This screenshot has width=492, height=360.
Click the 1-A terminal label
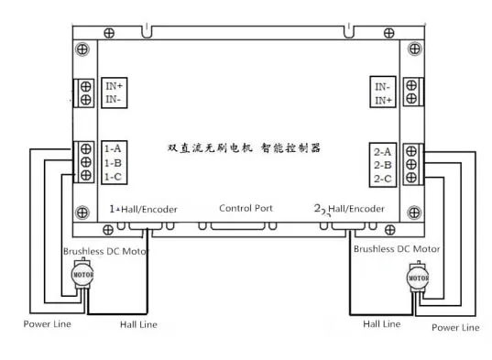pyautogui.click(x=113, y=148)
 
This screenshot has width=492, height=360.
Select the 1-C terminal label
pyautogui.click(x=113, y=177)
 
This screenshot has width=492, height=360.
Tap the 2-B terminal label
pyautogui.click(x=382, y=165)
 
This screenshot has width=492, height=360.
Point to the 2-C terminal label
pyautogui.click(x=382, y=179)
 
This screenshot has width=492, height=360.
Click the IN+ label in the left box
pyautogui.click(x=114, y=85)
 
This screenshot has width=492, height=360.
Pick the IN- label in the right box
pyautogui.click(x=382, y=86)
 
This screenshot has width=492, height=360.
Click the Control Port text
pyautogui.click(x=246, y=208)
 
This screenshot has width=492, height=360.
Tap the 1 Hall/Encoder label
pyautogui.click(x=143, y=209)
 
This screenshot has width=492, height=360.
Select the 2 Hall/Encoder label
pyautogui.click(x=349, y=209)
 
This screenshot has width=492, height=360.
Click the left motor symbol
pyautogui.click(x=82, y=274)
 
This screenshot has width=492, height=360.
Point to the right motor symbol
pyautogui.click(x=418, y=278)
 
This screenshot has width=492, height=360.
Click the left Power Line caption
pyautogui.click(x=48, y=324)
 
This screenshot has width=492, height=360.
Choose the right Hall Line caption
pyautogui.click(x=381, y=324)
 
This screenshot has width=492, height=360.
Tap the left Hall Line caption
pyautogui.click(x=138, y=324)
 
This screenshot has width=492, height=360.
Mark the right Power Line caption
pyautogui.click(x=455, y=328)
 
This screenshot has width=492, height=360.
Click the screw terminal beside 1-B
pyautogui.click(x=85, y=162)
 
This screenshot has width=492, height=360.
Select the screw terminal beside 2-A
pyautogui.click(x=411, y=151)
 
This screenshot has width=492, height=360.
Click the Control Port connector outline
pyautogui.click(x=238, y=226)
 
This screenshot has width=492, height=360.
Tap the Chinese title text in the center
pyautogui.click(x=244, y=148)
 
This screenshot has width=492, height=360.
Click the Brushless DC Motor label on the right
pyautogui.click(x=397, y=249)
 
